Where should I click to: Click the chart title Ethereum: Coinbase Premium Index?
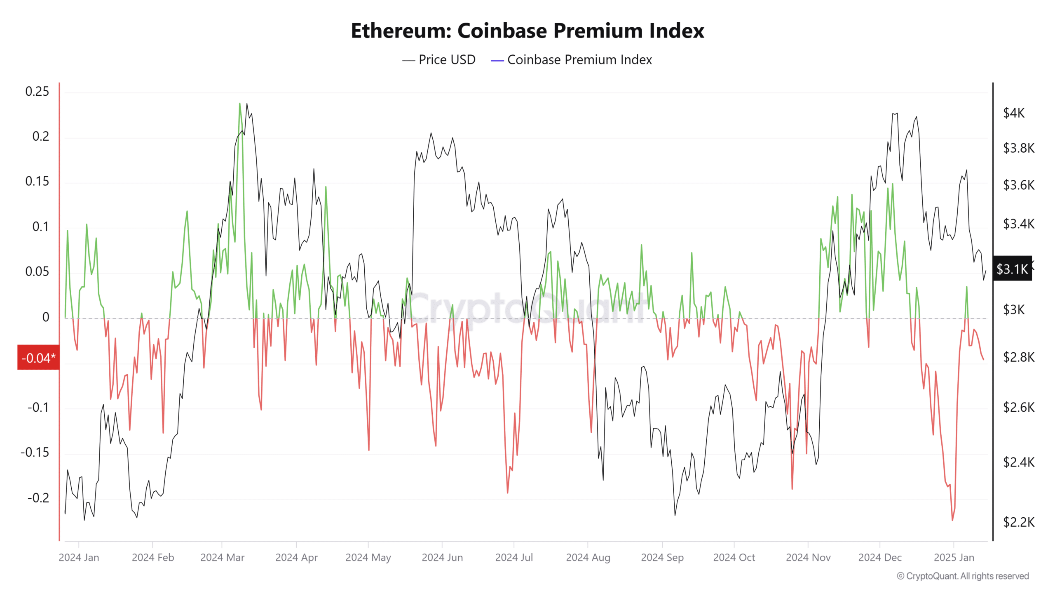527,31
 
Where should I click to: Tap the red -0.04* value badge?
38,358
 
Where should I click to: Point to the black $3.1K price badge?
1012,269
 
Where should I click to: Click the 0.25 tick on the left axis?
37,91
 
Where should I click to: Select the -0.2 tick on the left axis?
38,498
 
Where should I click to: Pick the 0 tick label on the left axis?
46,317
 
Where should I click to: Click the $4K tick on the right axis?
1014,113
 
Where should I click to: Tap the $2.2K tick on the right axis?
1018,522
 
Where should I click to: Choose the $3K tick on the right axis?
1014,309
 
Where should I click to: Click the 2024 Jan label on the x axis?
79,558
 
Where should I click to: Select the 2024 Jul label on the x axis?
514,558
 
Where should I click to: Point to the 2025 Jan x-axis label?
954,558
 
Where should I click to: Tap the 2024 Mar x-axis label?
222,558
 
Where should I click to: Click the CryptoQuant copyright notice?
963,576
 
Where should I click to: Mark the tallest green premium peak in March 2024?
239,104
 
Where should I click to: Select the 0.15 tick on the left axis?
37,181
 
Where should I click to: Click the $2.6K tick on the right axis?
1018,408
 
